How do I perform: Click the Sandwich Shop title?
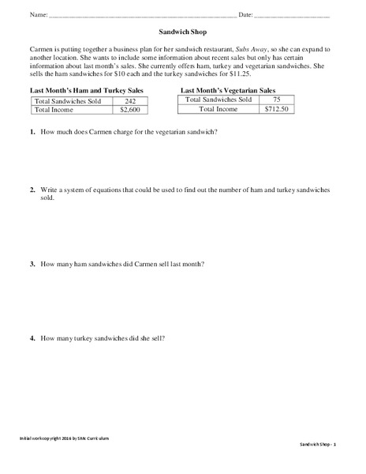tap(183, 34)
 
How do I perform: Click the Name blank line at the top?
tap(142, 16)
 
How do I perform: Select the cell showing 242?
tap(132, 101)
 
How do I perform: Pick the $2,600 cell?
tap(132, 111)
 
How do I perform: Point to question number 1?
tap(32, 132)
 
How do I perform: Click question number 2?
tap(32, 190)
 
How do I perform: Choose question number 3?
tap(32, 264)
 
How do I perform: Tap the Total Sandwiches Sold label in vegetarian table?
tap(218, 100)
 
